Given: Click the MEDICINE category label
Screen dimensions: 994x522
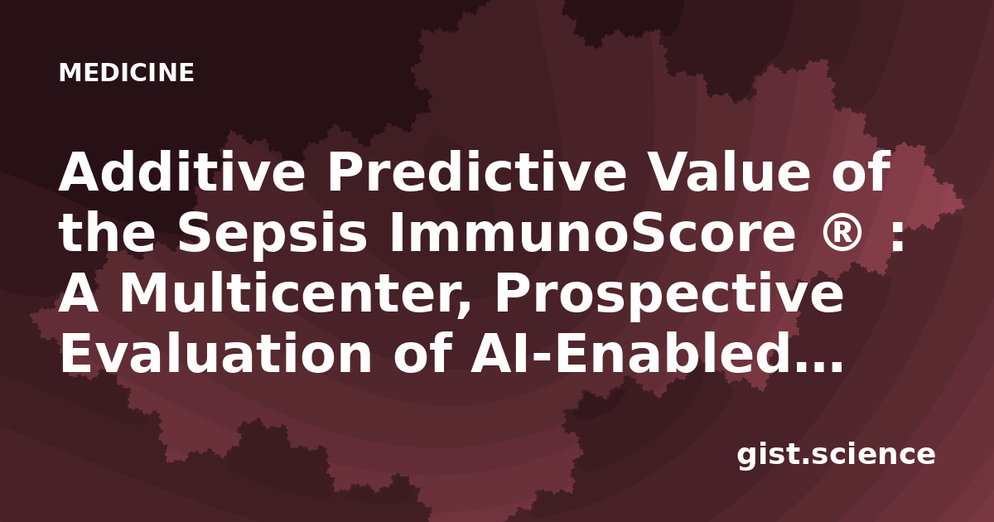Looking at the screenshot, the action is click(127, 72).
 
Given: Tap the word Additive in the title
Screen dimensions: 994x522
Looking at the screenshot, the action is click(182, 172).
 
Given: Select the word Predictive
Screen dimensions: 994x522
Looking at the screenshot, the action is click(476, 172).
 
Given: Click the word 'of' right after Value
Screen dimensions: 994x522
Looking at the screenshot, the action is click(861, 172).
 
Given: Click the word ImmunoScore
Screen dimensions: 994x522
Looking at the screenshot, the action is click(592, 232).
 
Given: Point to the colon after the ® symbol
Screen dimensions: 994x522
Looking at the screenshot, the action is click(896, 236).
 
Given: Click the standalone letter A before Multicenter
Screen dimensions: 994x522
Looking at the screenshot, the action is click(79, 293).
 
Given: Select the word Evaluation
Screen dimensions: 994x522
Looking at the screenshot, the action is click(215, 353).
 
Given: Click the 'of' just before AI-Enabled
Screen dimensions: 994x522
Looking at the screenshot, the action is click(422, 353).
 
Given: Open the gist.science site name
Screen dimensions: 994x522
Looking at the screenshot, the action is click(837, 455).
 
